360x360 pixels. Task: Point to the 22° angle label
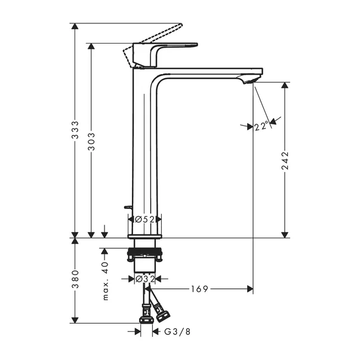click(260, 125)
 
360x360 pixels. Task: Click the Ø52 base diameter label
click(144, 220)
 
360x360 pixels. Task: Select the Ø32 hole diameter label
click(144, 279)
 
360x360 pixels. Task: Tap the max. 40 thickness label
click(105, 281)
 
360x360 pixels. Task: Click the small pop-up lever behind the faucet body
click(127, 207)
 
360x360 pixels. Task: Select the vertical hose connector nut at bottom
click(144, 313)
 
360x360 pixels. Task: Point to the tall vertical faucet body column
click(144, 149)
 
